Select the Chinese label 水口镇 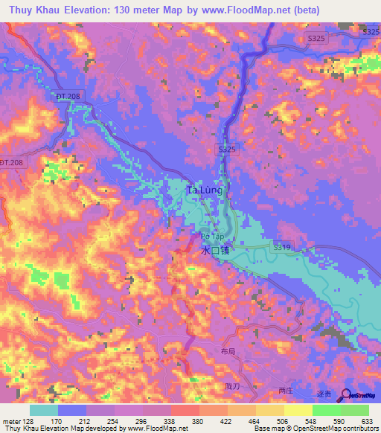(216, 251)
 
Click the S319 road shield (281, 246)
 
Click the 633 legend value (368, 421)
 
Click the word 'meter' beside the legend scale (8, 421)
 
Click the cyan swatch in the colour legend (44, 410)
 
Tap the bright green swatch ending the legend (355, 410)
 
